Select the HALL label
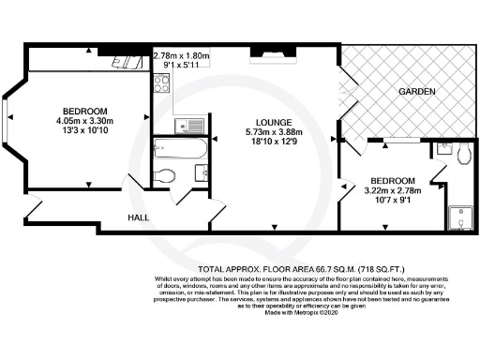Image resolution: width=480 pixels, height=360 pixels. point(141,217)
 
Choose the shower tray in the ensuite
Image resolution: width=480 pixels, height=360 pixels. point(460,216)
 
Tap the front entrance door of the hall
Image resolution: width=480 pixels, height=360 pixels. point(33,212)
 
